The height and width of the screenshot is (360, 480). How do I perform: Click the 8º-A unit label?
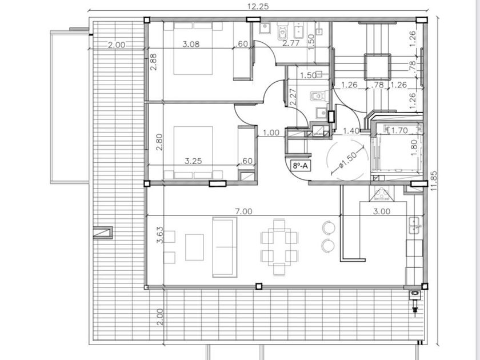coord(300,166)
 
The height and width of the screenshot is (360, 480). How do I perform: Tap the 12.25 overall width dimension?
coord(258,6)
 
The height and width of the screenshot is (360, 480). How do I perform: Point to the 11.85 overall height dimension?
coord(434,181)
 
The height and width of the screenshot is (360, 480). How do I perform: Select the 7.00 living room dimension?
coord(243,211)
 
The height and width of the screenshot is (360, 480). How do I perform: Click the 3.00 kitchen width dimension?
coord(382,211)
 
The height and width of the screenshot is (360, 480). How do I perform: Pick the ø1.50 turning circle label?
coord(348,161)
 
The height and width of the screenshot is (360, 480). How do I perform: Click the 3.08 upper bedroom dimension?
coord(191,44)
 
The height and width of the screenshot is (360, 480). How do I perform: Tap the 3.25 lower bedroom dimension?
coord(193,161)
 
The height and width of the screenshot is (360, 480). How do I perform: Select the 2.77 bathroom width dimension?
coord(290,43)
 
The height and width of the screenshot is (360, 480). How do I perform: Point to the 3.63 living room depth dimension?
coord(160,235)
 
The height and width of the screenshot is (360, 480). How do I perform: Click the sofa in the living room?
coord(225,247)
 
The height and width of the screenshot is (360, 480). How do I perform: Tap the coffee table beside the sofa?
coord(194,247)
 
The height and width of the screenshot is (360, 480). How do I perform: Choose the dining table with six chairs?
coord(279,247)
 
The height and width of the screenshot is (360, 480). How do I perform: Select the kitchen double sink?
coord(414,225)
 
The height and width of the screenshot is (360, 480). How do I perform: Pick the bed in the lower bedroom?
coord(193,153)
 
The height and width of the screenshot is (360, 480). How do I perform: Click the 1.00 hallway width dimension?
coord(271,133)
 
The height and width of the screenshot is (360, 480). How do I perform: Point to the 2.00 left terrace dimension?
coord(117,45)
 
